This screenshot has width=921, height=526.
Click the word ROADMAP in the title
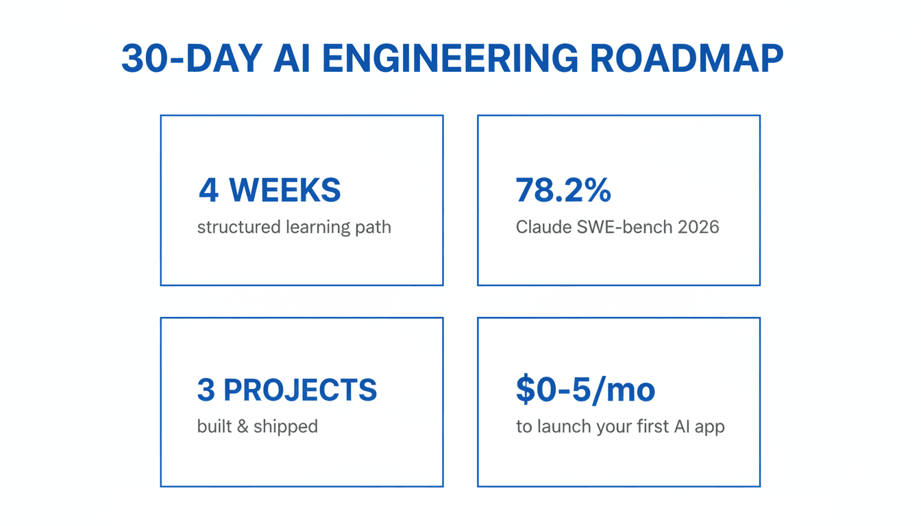point(686,59)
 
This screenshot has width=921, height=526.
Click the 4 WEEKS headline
point(269,190)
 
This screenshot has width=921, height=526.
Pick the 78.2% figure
point(563,190)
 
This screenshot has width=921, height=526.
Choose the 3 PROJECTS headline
point(286,390)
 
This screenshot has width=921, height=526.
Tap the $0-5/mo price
point(585,390)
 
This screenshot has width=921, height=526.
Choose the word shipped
point(285,427)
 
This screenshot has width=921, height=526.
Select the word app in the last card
point(709,427)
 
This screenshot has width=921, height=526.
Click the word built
point(213,427)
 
